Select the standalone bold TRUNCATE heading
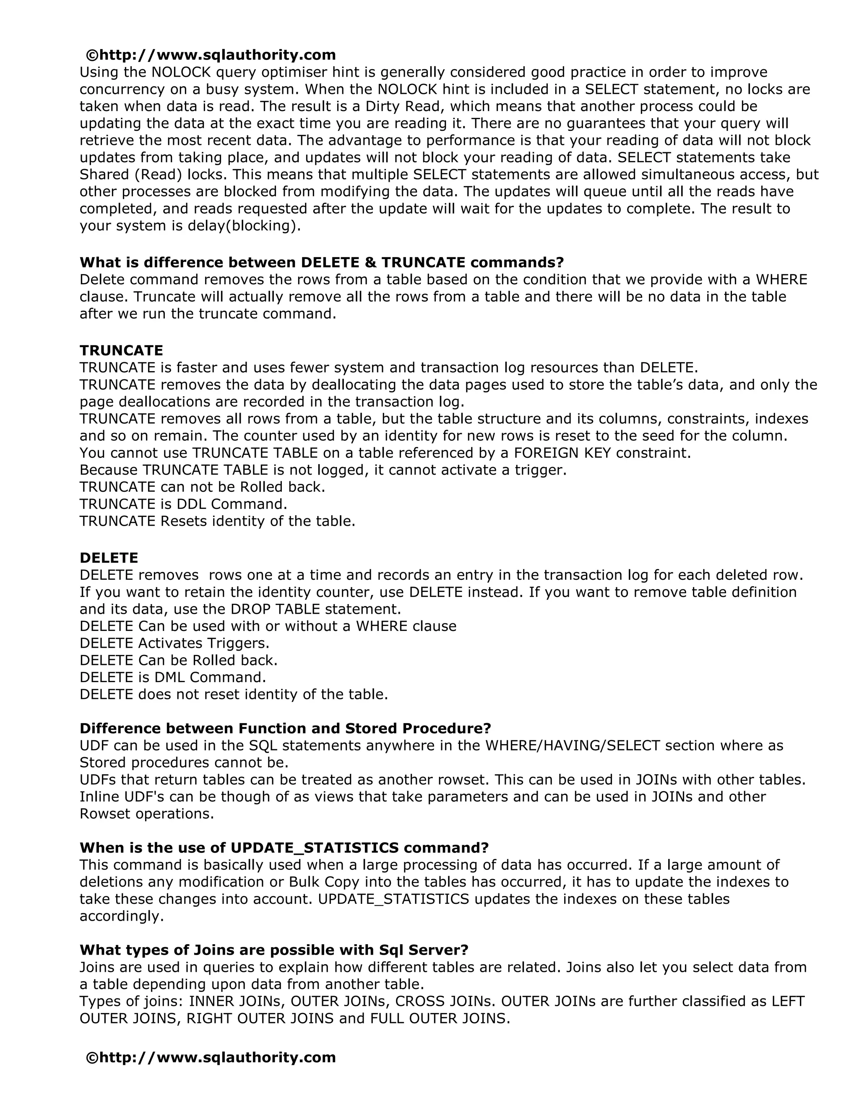pos(121,350)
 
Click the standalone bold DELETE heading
pos(109,558)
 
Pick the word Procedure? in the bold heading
pos(452,729)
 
